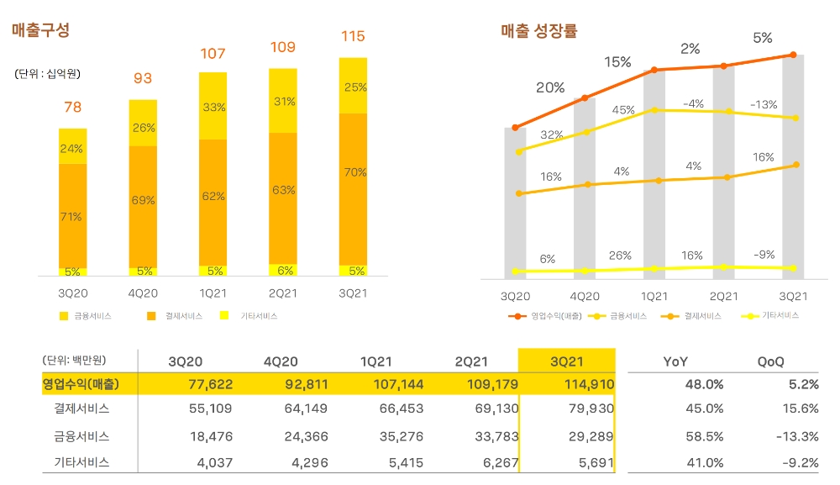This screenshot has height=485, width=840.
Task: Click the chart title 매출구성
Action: (40, 30)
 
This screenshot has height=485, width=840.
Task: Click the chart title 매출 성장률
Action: (538, 31)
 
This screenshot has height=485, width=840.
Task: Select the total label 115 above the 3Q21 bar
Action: (353, 36)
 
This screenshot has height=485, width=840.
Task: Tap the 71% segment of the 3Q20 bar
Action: (71, 217)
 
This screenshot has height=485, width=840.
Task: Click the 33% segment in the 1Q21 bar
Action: (213, 107)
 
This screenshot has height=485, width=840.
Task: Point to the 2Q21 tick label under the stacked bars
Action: (282, 294)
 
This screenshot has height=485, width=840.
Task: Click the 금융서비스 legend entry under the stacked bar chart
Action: (85, 316)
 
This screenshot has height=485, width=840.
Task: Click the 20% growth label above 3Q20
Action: (550, 87)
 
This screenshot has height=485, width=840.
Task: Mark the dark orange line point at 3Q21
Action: (794, 55)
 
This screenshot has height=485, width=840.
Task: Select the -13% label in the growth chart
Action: (764, 104)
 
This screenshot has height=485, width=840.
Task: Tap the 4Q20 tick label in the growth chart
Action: (585, 297)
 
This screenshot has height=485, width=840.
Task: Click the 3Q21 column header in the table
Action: (567, 361)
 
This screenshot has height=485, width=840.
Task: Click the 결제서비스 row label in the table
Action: (81, 409)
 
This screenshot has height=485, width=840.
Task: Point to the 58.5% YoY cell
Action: (705, 436)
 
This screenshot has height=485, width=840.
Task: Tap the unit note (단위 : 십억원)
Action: (48, 74)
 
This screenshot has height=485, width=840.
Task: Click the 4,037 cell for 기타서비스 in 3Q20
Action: (215, 462)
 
